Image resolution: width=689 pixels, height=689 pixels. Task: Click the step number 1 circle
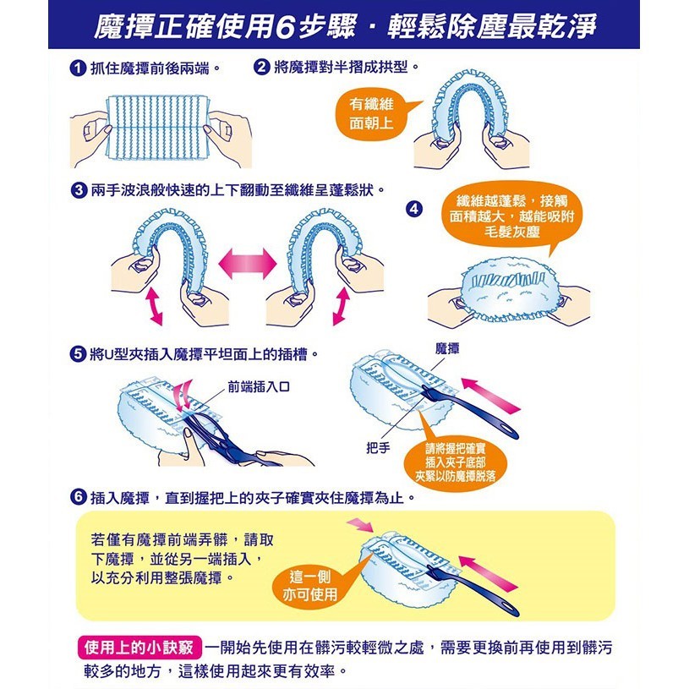[x=78, y=68]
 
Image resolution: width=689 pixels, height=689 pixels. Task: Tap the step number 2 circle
[x=261, y=67]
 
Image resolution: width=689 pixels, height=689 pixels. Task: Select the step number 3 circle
[x=79, y=190]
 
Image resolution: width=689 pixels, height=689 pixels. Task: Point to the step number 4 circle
[x=414, y=209]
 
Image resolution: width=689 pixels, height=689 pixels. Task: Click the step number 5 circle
[x=78, y=353]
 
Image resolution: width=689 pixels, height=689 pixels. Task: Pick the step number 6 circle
[x=79, y=497]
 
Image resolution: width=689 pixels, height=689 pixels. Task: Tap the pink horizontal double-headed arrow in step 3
[x=248, y=264]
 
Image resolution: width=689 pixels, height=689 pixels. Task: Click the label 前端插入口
[x=259, y=386]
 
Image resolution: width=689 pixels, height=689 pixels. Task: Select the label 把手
[x=378, y=448]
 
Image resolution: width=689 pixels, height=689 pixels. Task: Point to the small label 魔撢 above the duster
[x=447, y=349]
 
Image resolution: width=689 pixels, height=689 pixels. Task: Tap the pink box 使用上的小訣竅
[x=139, y=648]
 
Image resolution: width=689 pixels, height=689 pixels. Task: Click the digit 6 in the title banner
[x=285, y=27]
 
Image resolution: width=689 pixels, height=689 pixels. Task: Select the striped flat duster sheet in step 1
[x=158, y=128]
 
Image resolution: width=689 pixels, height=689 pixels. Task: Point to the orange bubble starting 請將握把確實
[x=455, y=462]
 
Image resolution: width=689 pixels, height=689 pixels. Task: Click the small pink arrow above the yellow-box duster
[x=360, y=525]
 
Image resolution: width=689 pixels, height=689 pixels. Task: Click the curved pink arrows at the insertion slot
[x=183, y=395]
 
